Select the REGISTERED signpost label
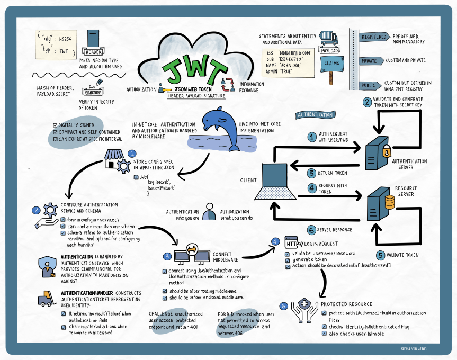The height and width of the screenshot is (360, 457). coord(374,37)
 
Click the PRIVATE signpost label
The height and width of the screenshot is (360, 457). coord(370,61)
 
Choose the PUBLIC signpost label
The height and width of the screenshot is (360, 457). coord(369,85)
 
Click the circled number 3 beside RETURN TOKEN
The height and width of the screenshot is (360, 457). coord(312,173)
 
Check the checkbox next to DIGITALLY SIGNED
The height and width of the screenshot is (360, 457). coord(55,125)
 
